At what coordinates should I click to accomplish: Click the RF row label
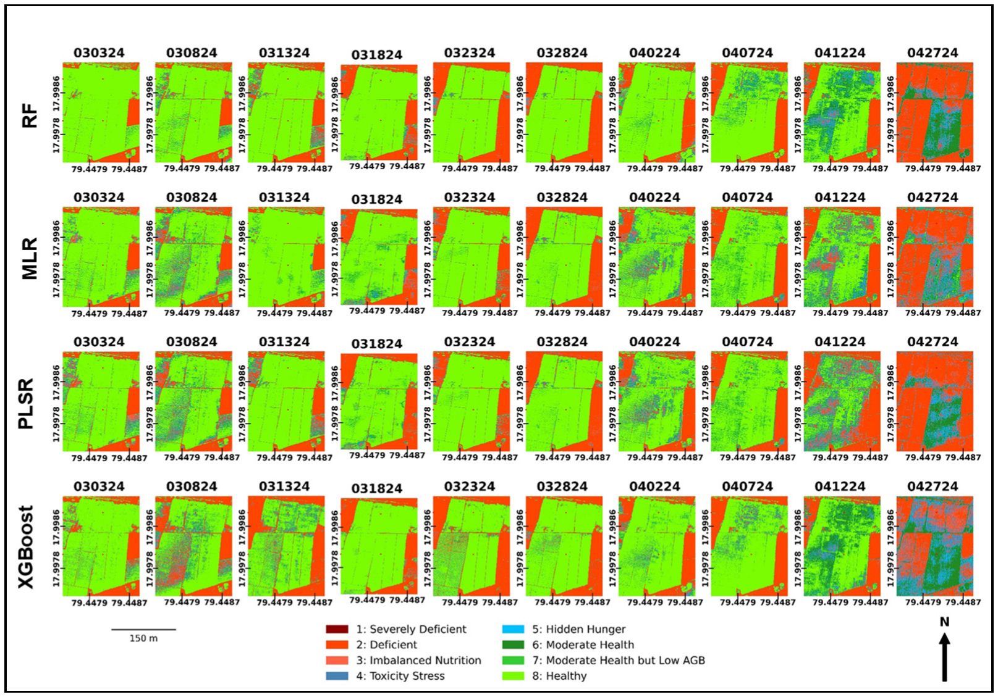[30, 116]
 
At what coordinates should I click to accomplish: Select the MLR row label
[30, 259]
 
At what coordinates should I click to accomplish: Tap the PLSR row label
[26, 404]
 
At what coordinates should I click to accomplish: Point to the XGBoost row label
[26, 547]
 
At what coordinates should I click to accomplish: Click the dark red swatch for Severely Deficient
[337, 629]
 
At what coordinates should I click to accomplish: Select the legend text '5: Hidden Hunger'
[578, 629]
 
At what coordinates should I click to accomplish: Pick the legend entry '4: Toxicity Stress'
[400, 676]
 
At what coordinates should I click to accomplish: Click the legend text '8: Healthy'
[559, 676]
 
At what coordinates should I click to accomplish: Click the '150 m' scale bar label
[143, 638]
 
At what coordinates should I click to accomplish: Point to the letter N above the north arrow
[944, 622]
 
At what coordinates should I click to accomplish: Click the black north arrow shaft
[944, 661]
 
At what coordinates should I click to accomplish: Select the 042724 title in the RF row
[932, 53]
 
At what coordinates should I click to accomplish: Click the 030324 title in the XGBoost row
[99, 486]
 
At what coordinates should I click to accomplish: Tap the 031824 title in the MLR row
[377, 199]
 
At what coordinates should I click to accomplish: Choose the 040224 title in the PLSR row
[654, 342]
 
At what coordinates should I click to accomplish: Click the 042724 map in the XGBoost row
[935, 546]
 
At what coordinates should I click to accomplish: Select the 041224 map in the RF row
[842, 112]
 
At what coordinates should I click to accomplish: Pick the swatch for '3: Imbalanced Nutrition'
[337, 661]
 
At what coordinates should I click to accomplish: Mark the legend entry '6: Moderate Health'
[583, 645]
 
